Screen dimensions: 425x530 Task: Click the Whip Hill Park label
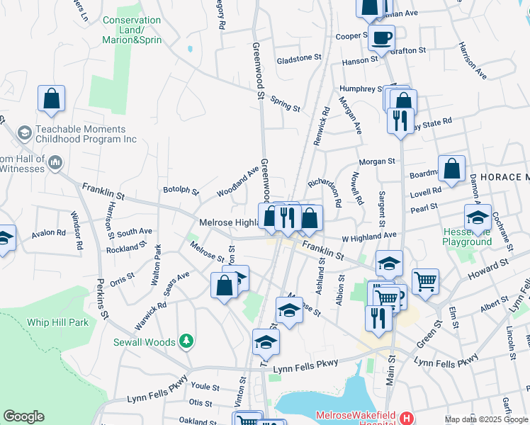[x=57, y=322]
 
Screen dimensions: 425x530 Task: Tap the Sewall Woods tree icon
[x=186, y=341]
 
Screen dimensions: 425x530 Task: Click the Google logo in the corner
[x=23, y=416]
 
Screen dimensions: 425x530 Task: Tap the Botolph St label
[x=181, y=190]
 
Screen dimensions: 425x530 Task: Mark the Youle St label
[x=205, y=387]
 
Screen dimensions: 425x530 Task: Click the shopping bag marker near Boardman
[x=451, y=170]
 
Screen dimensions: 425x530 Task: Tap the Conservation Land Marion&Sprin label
[x=132, y=30]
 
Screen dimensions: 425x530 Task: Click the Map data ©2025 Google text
[x=486, y=419]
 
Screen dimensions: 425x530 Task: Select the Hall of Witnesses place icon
[x=55, y=164]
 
